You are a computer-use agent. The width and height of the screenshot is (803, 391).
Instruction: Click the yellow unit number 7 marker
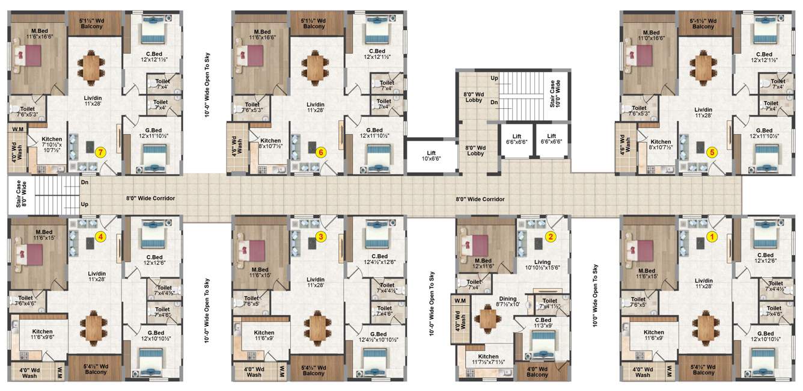[x=100, y=153]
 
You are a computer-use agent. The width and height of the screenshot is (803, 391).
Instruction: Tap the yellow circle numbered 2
[x=549, y=236]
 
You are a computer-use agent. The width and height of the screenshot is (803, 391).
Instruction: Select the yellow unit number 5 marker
[x=712, y=153]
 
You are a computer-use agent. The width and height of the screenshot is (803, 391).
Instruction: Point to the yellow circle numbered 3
[x=320, y=236]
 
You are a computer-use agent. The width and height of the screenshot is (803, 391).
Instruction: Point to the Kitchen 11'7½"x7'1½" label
[x=488, y=360]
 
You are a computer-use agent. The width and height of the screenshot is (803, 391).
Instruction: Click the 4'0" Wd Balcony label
[x=537, y=371]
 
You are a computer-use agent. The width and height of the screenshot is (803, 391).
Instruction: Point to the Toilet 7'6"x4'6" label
[x=25, y=301]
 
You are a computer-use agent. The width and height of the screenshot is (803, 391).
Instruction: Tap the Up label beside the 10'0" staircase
[x=494, y=78]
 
